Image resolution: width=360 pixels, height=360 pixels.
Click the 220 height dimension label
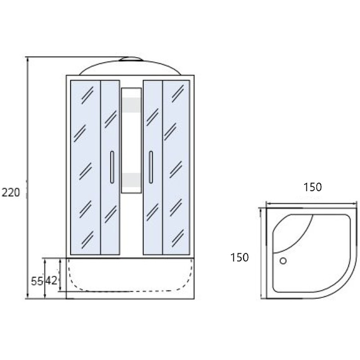click(x=11, y=193)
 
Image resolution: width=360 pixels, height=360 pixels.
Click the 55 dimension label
click(x=37, y=281)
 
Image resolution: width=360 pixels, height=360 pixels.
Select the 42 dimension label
click(x=51, y=280)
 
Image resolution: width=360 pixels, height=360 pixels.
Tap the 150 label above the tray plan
click(x=312, y=187)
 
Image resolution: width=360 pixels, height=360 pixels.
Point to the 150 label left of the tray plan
click(x=239, y=257)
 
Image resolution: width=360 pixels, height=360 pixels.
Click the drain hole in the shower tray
click(x=283, y=261)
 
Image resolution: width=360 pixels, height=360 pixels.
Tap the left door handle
click(x=112, y=167)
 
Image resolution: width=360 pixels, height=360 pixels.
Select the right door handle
click(x=151, y=167)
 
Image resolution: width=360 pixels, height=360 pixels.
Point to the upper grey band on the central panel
click(x=131, y=105)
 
